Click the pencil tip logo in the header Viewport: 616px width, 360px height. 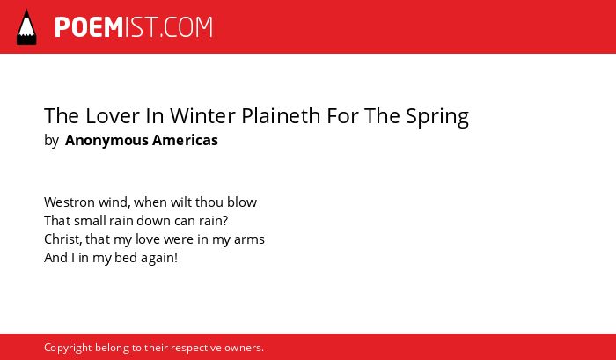(26, 27)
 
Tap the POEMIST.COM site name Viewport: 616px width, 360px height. (134, 27)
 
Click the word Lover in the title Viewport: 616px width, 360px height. (113, 116)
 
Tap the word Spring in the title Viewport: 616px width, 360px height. (437, 117)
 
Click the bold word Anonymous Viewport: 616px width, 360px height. (106, 141)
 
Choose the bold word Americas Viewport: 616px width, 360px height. (185, 140)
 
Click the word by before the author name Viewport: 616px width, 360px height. (51, 141)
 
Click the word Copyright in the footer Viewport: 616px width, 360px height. (68, 349)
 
